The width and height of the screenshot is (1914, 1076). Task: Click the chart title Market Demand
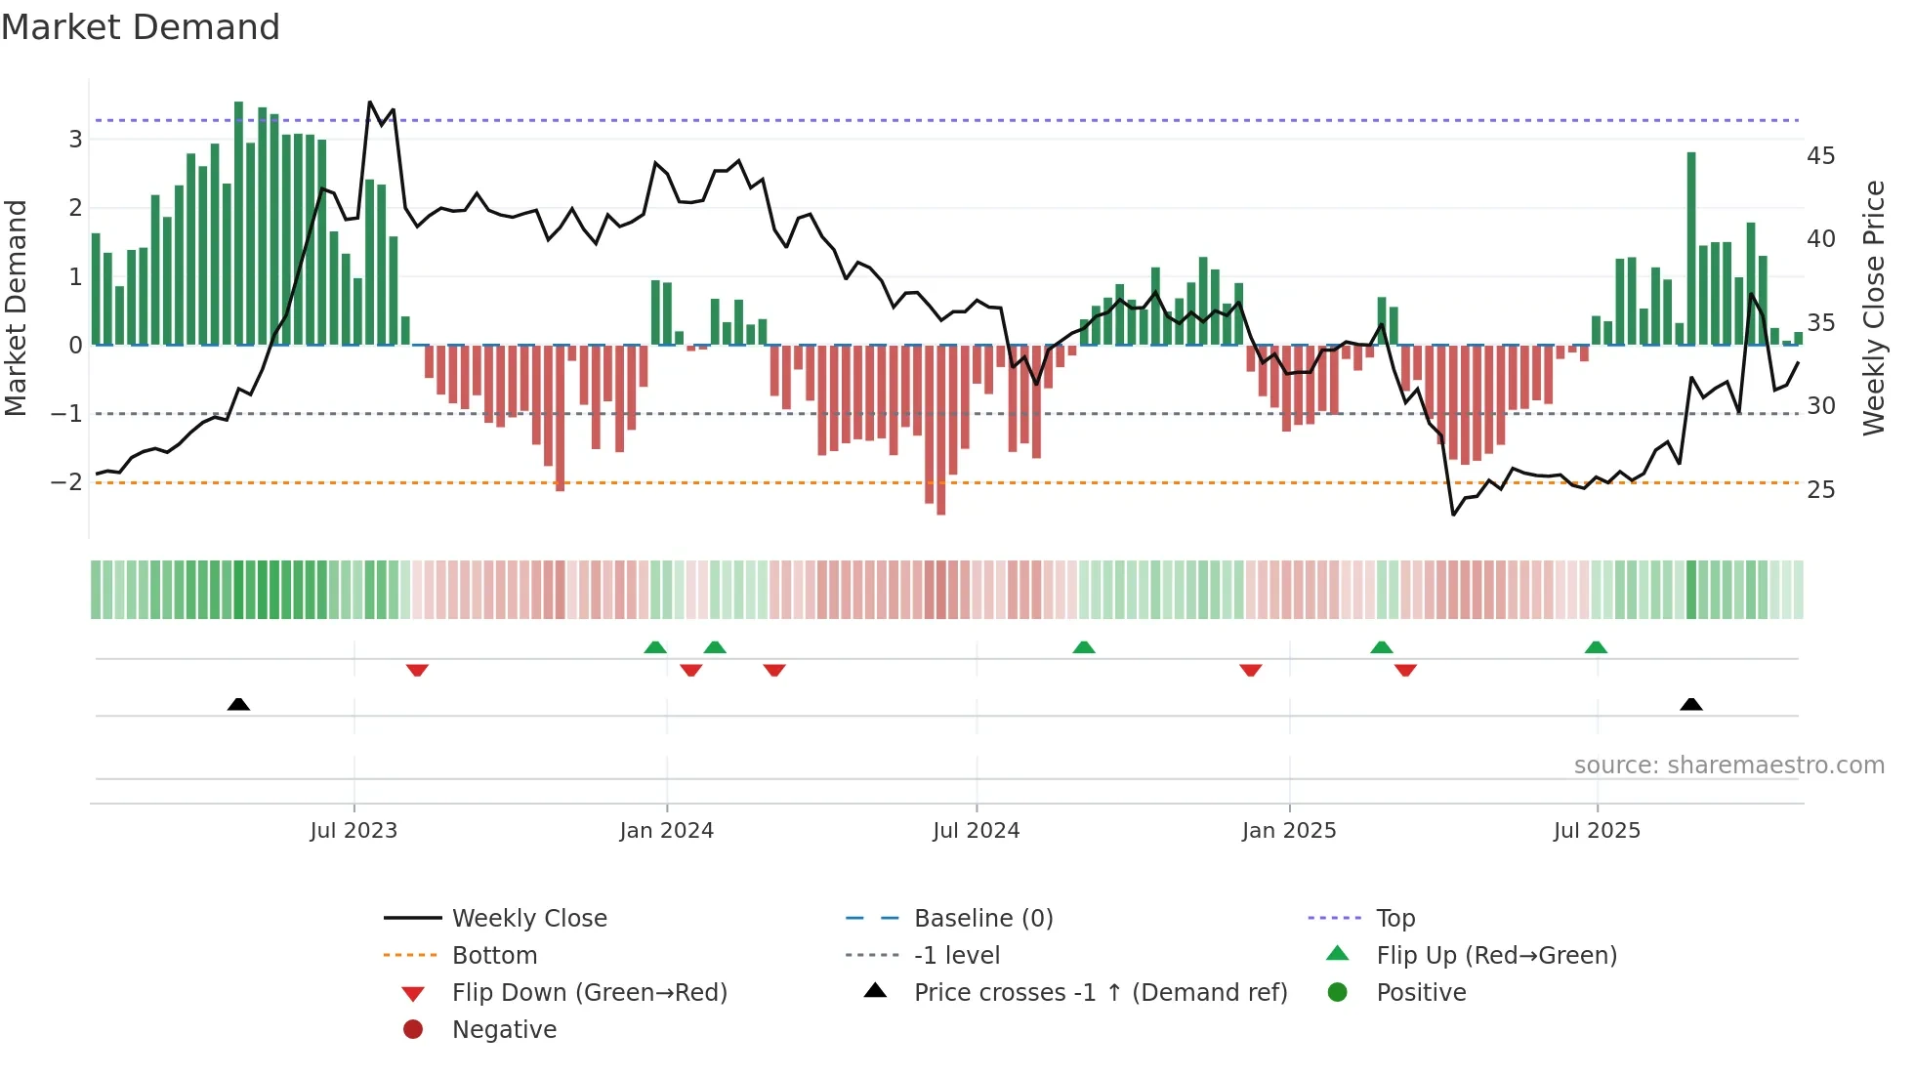tap(141, 27)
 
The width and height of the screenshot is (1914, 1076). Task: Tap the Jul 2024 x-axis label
tap(976, 831)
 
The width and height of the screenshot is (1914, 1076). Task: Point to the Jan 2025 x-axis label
tap(1289, 831)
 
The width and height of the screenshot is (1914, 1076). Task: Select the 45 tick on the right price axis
tap(1820, 156)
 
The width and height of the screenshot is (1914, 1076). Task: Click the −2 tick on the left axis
tap(66, 482)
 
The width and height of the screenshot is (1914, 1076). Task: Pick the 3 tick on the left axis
tap(75, 139)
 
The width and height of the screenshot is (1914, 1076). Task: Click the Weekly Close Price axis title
tap(1873, 308)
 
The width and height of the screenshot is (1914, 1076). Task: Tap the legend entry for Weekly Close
tap(528, 919)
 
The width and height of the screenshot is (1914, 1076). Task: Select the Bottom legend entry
tap(494, 956)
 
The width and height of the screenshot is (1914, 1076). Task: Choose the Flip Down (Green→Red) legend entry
tap(589, 993)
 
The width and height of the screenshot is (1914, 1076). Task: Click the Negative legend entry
tap(504, 1030)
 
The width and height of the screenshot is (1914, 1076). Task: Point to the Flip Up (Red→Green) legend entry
tap(1496, 956)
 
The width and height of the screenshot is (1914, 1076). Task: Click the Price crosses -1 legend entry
tap(1100, 993)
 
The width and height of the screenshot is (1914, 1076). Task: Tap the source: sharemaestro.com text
tap(1728, 766)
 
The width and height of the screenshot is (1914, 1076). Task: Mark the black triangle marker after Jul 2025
tap(1691, 704)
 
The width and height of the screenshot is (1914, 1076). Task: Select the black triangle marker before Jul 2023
tap(238, 704)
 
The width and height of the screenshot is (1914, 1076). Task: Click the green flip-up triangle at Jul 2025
tap(1596, 647)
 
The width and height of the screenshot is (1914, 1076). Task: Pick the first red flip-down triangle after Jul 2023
tap(417, 671)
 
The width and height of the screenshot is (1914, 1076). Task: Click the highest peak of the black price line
tap(369, 103)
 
